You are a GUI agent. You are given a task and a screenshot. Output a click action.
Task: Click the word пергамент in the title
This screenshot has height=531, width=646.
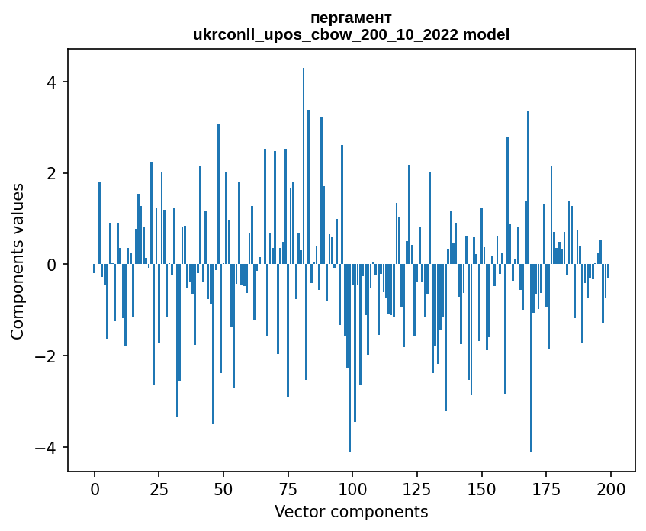[351, 18]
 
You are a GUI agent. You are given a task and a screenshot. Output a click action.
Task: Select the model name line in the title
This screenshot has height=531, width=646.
[351, 34]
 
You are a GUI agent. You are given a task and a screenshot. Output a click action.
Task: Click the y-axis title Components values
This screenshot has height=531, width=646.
[17, 262]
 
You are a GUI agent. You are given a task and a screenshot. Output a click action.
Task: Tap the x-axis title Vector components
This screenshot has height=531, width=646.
[351, 511]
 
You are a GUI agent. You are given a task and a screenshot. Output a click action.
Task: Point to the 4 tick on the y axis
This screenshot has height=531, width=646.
[53, 82]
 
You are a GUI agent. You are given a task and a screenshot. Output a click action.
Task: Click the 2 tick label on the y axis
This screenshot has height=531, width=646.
[53, 173]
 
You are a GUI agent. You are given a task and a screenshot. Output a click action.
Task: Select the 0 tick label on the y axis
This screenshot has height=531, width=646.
[53, 265]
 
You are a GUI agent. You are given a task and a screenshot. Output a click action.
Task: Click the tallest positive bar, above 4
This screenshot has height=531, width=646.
[304, 153]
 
